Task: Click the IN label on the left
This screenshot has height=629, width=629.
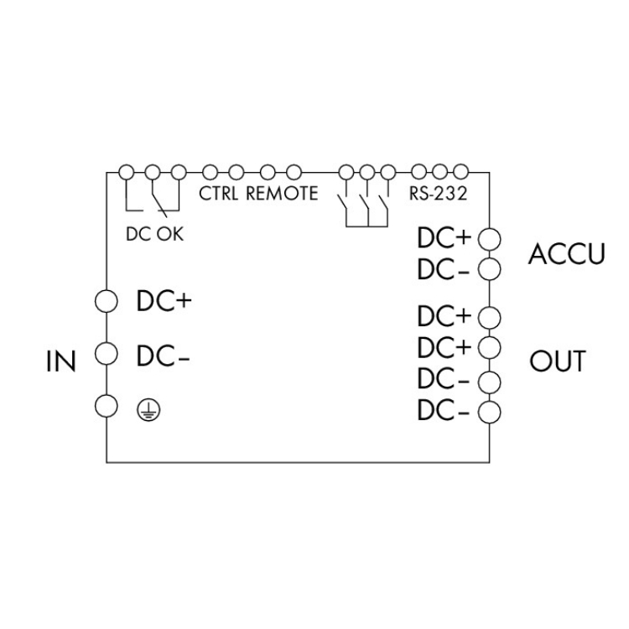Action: (x=60, y=362)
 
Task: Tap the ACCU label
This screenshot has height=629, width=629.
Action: (x=566, y=255)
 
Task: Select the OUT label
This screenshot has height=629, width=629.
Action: (x=558, y=362)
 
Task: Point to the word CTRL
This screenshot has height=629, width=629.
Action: (x=219, y=193)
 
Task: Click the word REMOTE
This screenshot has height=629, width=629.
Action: (x=282, y=193)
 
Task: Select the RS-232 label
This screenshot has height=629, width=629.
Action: (x=437, y=193)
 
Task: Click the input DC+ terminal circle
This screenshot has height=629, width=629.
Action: (x=106, y=299)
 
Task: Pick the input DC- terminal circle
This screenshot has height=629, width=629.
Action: (x=106, y=352)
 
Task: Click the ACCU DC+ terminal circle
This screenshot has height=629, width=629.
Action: (x=488, y=239)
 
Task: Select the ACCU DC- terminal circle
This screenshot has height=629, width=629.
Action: (x=488, y=268)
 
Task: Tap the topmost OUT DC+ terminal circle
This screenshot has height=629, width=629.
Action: (x=488, y=316)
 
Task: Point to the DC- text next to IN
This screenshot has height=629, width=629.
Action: (x=164, y=356)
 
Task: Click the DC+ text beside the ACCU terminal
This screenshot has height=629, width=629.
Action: (x=444, y=239)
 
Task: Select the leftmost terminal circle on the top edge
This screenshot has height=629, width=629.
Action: (x=127, y=172)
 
